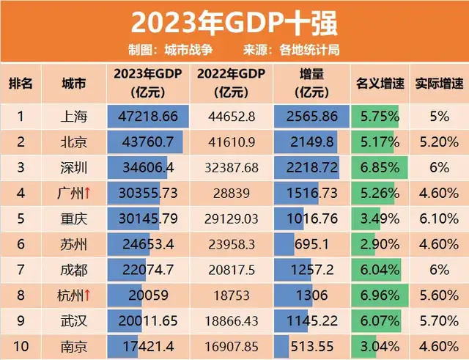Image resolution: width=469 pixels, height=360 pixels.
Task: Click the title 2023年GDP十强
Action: (234, 23)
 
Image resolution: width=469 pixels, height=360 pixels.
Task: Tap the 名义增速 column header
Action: (380, 84)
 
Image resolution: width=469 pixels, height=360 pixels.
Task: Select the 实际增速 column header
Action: (440, 84)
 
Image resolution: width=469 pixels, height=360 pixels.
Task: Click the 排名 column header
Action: (21, 84)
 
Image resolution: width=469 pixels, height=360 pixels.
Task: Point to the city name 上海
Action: (74, 117)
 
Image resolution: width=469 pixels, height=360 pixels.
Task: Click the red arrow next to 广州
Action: (87, 193)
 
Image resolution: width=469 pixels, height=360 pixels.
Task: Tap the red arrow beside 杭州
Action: (87, 295)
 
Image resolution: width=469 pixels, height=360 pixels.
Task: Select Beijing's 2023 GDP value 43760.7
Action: (148, 142)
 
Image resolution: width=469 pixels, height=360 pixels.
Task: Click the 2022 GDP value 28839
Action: (232, 194)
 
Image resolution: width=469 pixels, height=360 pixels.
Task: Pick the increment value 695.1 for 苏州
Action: (311, 244)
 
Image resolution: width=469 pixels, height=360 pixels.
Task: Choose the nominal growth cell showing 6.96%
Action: (380, 295)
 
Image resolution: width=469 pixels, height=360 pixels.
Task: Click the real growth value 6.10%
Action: (439, 218)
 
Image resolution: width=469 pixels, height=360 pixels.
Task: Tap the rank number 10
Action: (21, 347)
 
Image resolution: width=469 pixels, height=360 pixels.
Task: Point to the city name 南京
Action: (74, 347)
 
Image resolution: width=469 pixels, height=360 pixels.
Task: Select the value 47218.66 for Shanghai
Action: (148, 117)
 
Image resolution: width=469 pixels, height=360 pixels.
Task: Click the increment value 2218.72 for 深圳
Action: (312, 168)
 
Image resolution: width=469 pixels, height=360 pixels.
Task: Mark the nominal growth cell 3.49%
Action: (380, 218)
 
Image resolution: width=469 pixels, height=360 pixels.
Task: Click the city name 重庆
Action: (74, 218)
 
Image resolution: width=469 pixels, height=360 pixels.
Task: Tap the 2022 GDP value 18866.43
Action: (232, 321)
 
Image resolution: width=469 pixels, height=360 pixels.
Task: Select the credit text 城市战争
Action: (189, 50)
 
